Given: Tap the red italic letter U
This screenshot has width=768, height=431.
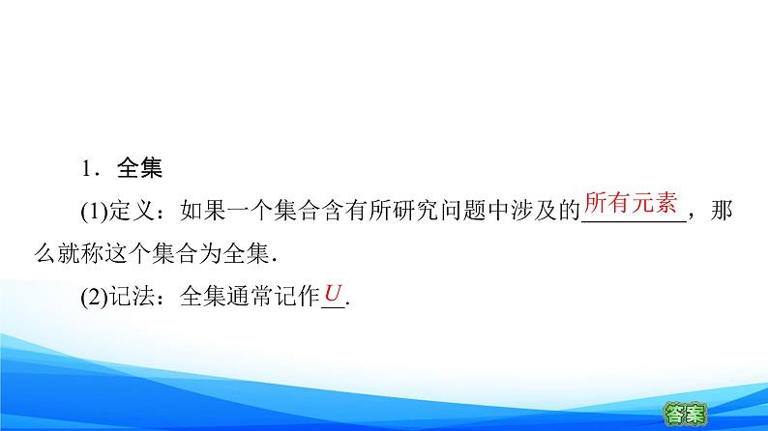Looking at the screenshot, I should click(x=334, y=293).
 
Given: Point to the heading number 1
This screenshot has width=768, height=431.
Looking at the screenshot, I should click(x=87, y=168).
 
